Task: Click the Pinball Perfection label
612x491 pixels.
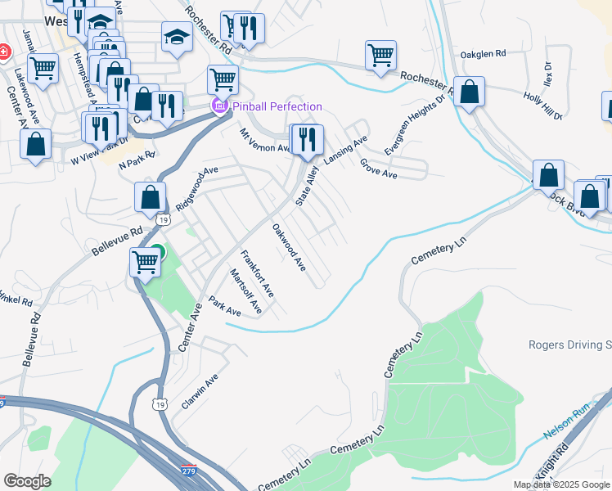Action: point(277,106)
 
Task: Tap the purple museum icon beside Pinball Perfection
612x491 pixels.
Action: point(218,106)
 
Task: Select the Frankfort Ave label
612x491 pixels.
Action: point(257,273)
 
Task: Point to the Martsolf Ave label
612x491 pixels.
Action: point(245,291)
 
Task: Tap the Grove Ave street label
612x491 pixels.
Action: point(379,169)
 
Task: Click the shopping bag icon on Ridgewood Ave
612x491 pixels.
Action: point(150,197)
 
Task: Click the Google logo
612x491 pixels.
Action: point(27,481)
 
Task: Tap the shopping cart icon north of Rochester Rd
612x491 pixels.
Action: point(380,56)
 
